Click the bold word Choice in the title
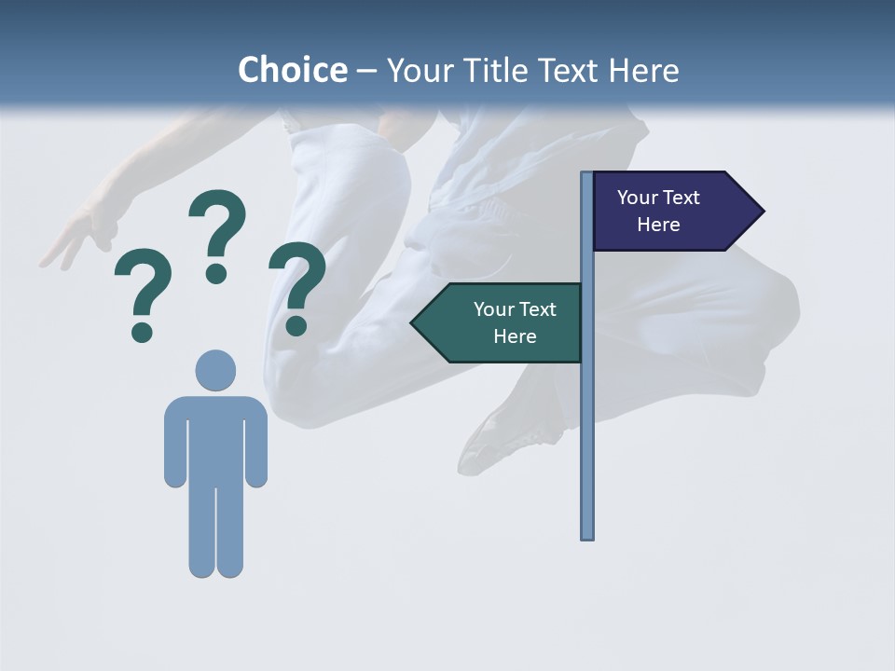coord(292,70)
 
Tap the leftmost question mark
coord(143,294)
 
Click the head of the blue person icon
coord(215,370)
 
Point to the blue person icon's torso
coord(215,438)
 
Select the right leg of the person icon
coord(230,531)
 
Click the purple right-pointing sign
coord(667,212)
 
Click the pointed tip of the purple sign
coord(762,212)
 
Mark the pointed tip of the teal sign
coord(414,322)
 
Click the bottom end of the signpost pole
coord(587,535)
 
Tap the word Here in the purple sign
coord(658,225)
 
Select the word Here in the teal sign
coord(515,336)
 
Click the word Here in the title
coord(643,70)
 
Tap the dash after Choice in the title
coord(366,71)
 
